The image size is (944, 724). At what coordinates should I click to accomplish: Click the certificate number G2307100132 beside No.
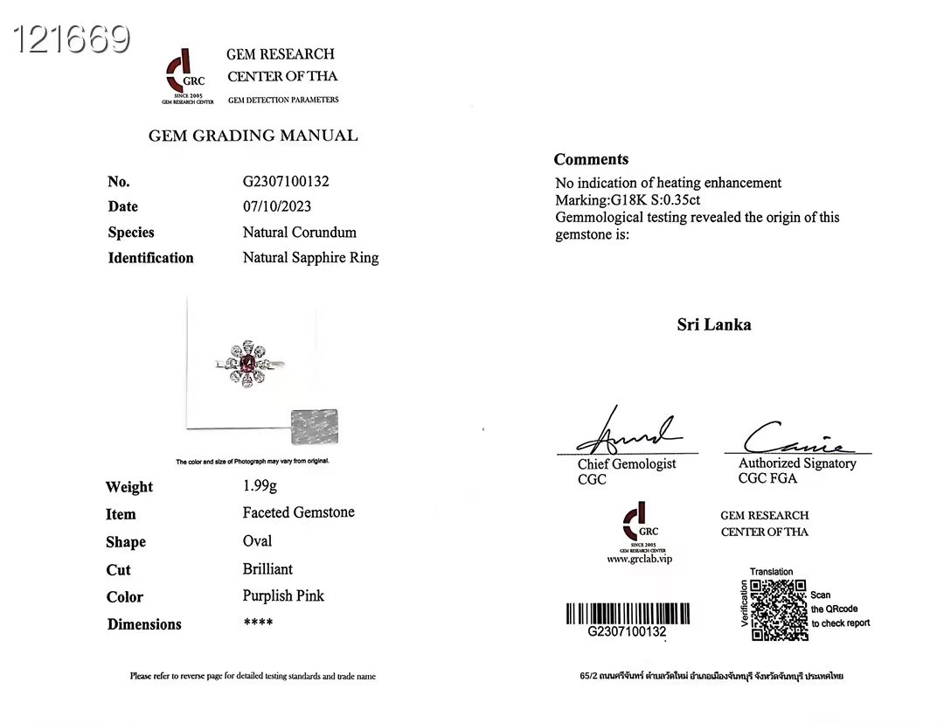tap(286, 182)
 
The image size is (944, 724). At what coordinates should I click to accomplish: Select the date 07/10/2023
tap(277, 206)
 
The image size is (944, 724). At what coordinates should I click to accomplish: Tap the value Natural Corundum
tap(300, 233)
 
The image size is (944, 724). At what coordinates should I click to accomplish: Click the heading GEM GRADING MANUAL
tap(253, 136)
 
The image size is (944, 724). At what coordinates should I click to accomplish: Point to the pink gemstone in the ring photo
tap(248, 362)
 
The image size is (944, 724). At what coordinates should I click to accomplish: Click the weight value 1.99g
tap(260, 486)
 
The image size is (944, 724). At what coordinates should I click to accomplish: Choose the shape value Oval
tap(258, 541)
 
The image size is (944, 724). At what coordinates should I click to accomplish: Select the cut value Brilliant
tap(267, 569)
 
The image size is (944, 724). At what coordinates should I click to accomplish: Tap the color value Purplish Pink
tap(283, 596)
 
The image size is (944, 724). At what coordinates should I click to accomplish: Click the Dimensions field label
tap(144, 624)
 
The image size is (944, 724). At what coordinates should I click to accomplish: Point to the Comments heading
tap(591, 159)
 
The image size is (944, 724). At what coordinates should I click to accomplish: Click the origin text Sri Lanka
tap(713, 324)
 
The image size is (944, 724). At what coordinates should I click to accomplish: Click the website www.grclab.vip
tap(640, 559)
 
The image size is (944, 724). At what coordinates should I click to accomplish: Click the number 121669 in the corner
tap(72, 38)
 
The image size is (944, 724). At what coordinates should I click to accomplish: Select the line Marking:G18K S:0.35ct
tap(628, 199)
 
